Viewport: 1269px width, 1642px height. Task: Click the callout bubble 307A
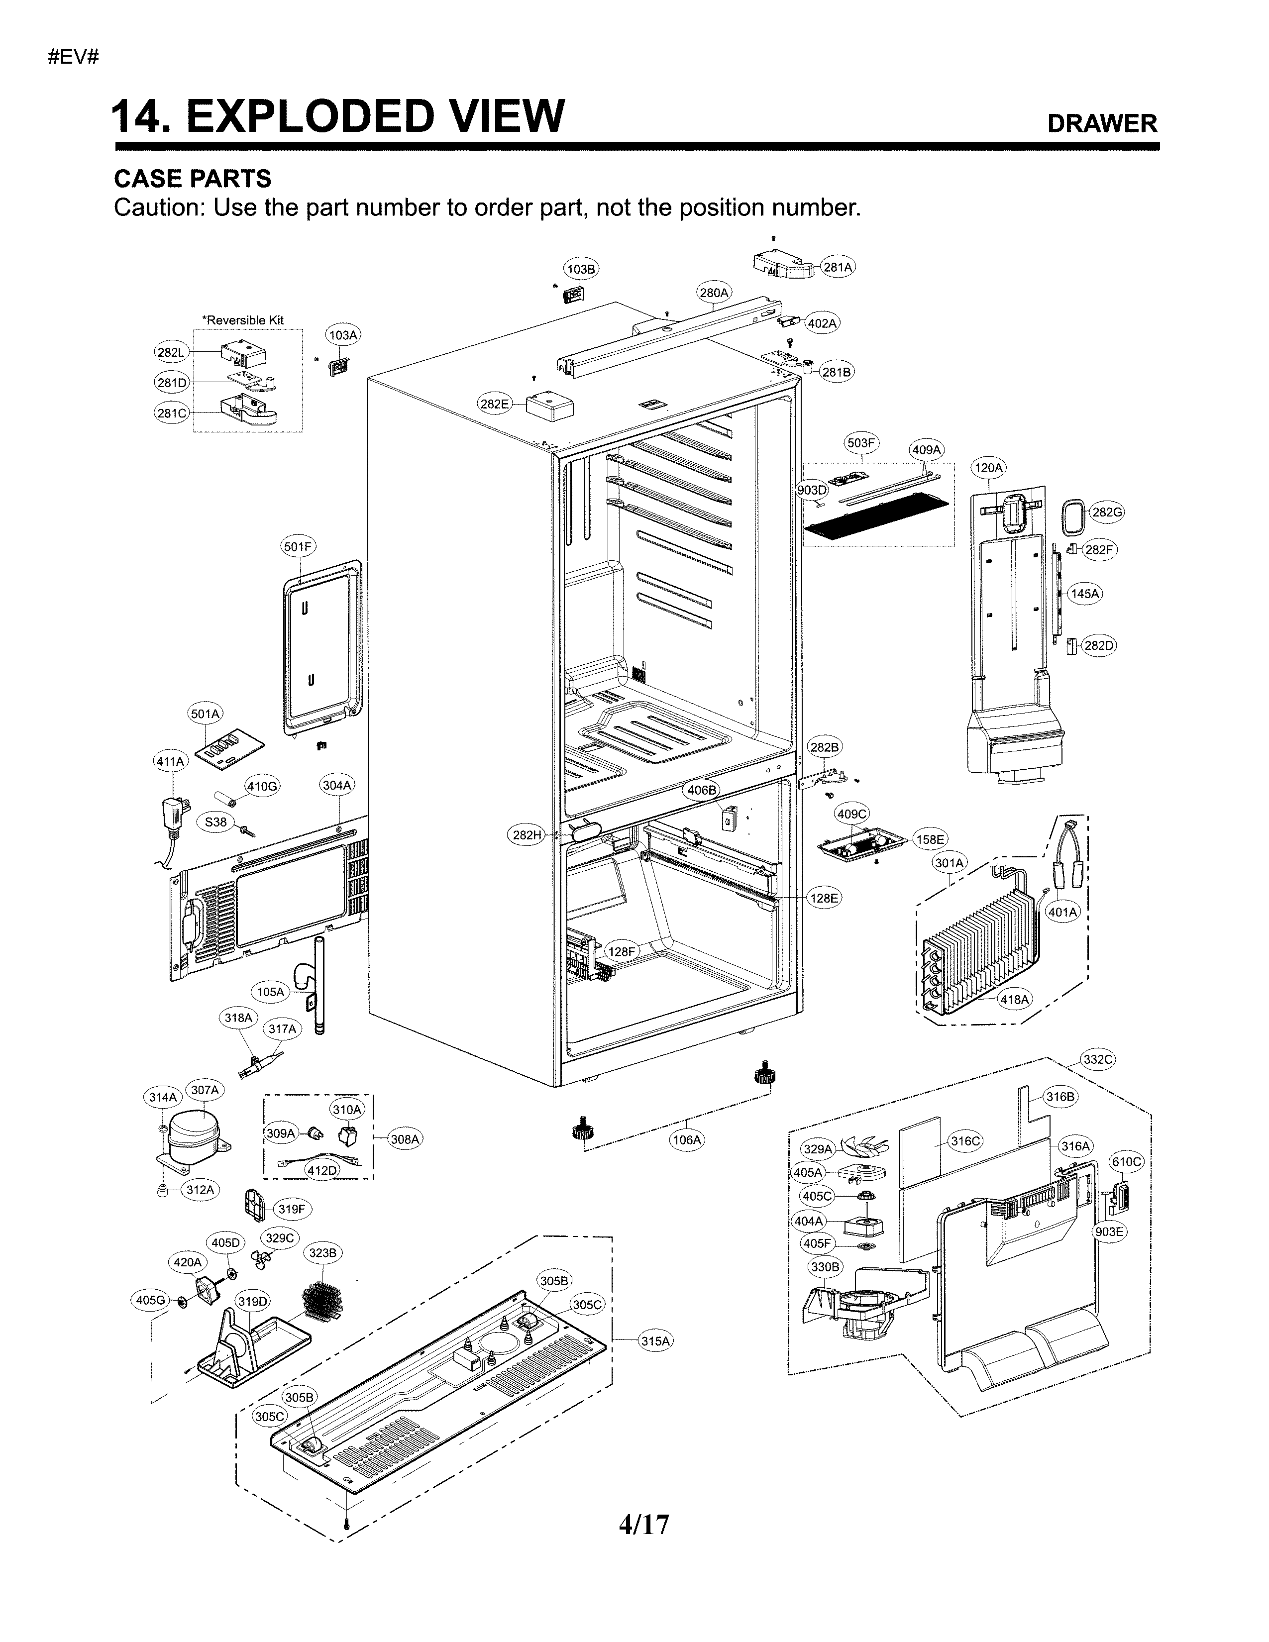(205, 1089)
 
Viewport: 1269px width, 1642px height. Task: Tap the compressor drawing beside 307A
(193, 1137)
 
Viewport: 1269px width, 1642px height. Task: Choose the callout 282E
(495, 404)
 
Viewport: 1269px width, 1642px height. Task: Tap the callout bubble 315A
(655, 1340)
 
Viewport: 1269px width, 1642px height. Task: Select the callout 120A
(988, 468)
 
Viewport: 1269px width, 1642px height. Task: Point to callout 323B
(323, 1252)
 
